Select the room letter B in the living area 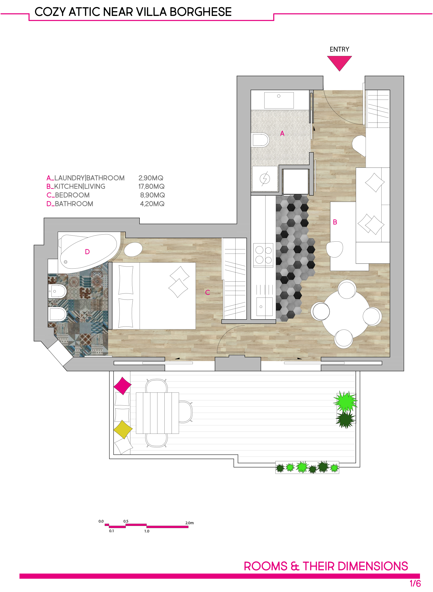[335, 222]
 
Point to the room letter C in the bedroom [208, 292]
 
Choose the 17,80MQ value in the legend [152, 186]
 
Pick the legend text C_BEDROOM [68, 195]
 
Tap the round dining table [346, 314]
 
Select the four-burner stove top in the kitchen [263, 255]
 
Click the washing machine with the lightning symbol [265, 179]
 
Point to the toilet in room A [260, 140]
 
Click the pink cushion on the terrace [122, 386]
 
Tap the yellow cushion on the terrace [123, 429]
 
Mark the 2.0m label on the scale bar [189, 523]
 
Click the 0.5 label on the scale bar [126, 521]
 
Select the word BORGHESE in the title [201, 12]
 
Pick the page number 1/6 [415, 584]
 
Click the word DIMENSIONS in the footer [373, 566]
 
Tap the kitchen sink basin [264, 306]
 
